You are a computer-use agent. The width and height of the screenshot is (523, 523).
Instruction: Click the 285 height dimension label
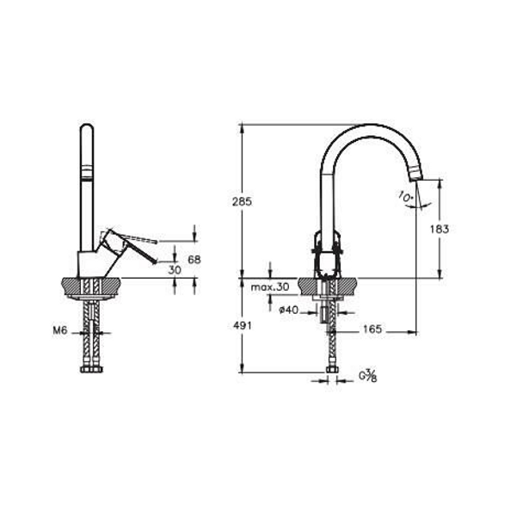click(243, 202)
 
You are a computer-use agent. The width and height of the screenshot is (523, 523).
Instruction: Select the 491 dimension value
click(243, 325)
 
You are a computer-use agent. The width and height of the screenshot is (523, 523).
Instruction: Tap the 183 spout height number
click(440, 229)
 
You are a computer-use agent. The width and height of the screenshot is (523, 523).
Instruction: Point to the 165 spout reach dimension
click(372, 329)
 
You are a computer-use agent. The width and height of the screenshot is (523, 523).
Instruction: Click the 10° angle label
click(406, 196)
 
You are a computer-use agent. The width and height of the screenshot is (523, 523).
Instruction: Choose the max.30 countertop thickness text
click(270, 287)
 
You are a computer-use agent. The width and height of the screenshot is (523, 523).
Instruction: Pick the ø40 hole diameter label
click(288, 311)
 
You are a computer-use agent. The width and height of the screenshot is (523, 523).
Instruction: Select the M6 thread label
click(60, 330)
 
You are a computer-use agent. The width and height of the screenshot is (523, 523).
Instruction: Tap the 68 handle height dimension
click(194, 260)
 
